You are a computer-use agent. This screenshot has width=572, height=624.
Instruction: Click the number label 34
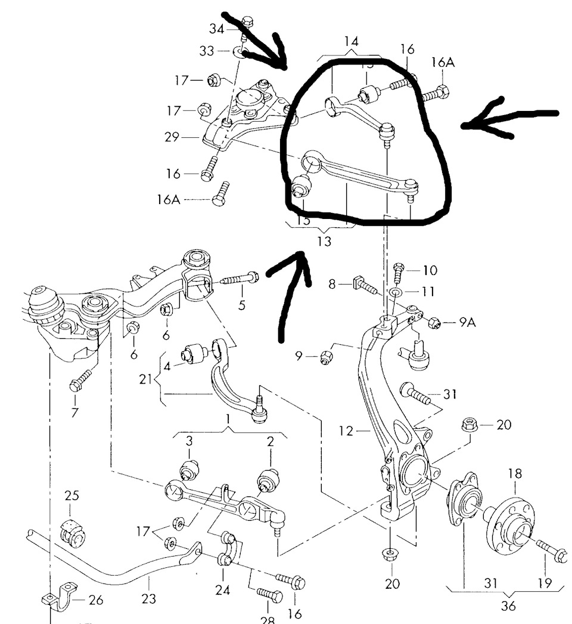point(217,28)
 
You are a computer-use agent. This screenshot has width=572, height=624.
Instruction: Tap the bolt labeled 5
point(240,279)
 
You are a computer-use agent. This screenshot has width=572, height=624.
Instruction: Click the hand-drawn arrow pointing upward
point(292,292)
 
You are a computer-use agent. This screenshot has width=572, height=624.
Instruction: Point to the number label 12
point(346,430)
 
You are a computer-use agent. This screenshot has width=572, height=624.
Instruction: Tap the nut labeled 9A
point(434,323)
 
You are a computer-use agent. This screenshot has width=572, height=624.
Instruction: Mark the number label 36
point(508,607)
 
